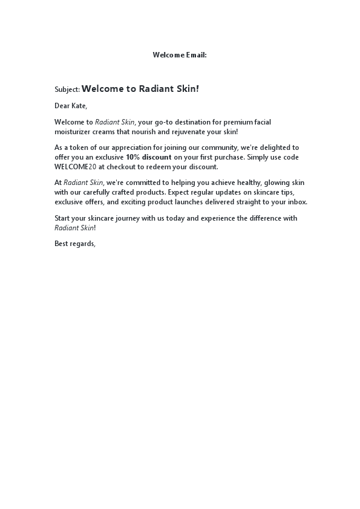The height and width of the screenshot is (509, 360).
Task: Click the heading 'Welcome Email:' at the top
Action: pyautogui.click(x=180, y=55)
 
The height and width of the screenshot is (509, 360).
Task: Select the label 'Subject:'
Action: pyautogui.click(x=67, y=89)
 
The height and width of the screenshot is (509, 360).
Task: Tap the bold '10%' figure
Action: pyautogui.click(x=133, y=157)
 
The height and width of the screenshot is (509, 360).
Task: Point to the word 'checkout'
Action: pyautogui.click(x=123, y=167)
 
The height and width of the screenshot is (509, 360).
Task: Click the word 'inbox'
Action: pyautogui.click(x=296, y=202)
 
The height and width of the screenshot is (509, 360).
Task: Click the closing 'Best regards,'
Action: pyautogui.click(x=75, y=244)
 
